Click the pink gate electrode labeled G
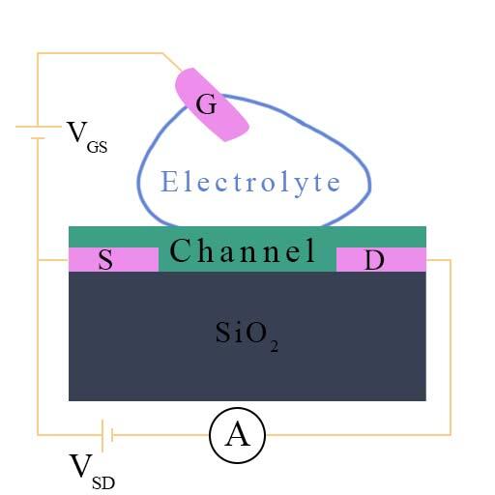212,104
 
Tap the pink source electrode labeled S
113,259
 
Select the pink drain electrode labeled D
381,259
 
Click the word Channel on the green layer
243,250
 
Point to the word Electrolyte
250,183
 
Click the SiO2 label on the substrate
247,335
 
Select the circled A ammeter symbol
237,435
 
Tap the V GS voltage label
87,136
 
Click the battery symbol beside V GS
38,132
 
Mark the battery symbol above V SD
107,435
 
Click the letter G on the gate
206,104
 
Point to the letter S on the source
105,259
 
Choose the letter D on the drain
374,260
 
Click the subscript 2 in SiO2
275,346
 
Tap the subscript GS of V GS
97,147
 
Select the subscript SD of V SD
103,483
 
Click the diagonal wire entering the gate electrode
172,62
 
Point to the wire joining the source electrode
53,259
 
